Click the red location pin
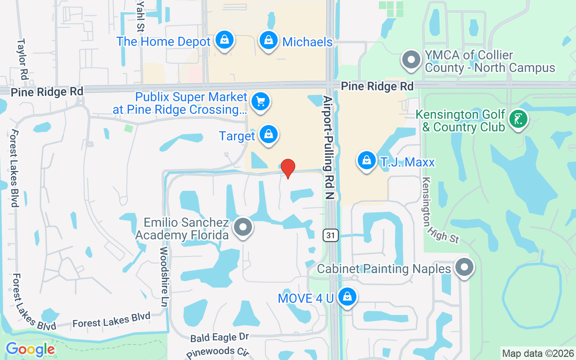coord(288,168)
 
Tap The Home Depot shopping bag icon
coord(224,40)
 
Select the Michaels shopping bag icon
coord(269,40)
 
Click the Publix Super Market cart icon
coord(260,102)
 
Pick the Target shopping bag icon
coord(269,135)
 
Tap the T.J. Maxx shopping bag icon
coord(367,160)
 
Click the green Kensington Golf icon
coord(518,119)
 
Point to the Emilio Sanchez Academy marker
coord(243,227)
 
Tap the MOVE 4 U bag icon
coord(347,297)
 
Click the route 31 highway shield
coord(331,235)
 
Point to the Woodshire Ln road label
coord(164,277)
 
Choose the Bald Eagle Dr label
coord(220,337)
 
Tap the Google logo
coord(30,349)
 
